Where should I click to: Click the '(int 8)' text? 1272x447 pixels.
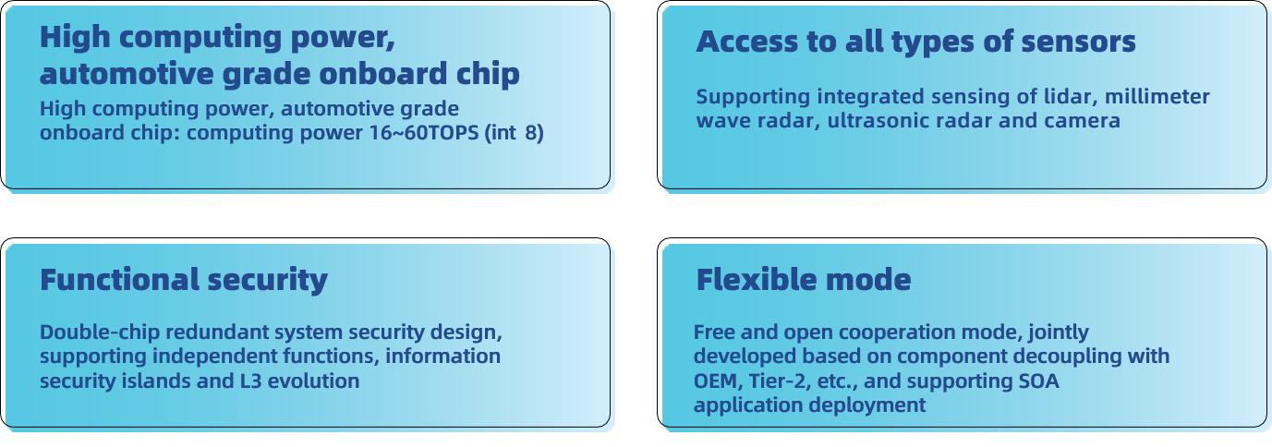click(514, 133)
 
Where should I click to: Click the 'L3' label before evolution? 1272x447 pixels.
click(250, 381)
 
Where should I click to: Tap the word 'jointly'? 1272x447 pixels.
click(1059, 332)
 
